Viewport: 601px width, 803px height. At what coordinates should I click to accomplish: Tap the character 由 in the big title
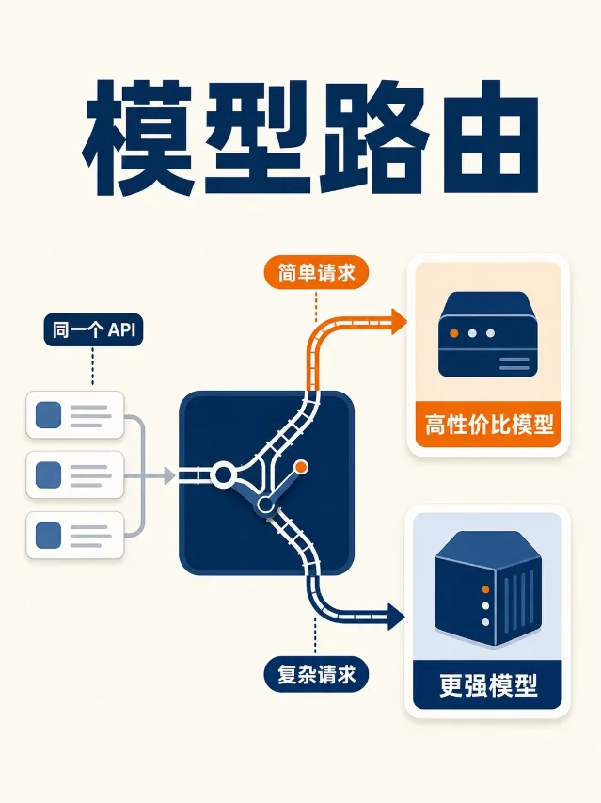(x=491, y=137)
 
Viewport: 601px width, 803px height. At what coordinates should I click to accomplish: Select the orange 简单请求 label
(x=316, y=272)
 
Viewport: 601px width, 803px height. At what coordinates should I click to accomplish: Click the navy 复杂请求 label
(x=316, y=674)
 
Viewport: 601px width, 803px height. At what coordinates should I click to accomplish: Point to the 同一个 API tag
(x=93, y=329)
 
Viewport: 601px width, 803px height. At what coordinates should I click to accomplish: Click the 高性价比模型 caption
(x=488, y=425)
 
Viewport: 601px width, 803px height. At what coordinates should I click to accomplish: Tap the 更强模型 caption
(x=488, y=685)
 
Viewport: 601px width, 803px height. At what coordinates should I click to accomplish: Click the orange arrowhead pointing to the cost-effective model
(x=399, y=322)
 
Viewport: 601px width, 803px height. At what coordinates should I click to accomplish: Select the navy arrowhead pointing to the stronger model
(x=396, y=616)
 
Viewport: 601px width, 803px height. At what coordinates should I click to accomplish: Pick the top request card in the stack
(x=75, y=415)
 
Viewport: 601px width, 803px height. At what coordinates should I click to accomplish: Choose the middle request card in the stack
(x=75, y=474)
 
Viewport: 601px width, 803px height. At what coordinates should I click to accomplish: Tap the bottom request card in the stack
(x=75, y=535)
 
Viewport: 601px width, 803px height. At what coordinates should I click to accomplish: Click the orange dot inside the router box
(x=301, y=467)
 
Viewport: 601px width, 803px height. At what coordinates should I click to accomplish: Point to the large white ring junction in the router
(x=224, y=474)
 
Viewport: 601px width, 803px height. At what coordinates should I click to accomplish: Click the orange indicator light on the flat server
(x=453, y=333)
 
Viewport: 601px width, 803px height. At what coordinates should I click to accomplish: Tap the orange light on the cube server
(x=485, y=589)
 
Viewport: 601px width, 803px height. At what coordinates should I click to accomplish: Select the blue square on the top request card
(x=49, y=415)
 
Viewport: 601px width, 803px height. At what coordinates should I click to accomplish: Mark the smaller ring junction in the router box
(x=265, y=506)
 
